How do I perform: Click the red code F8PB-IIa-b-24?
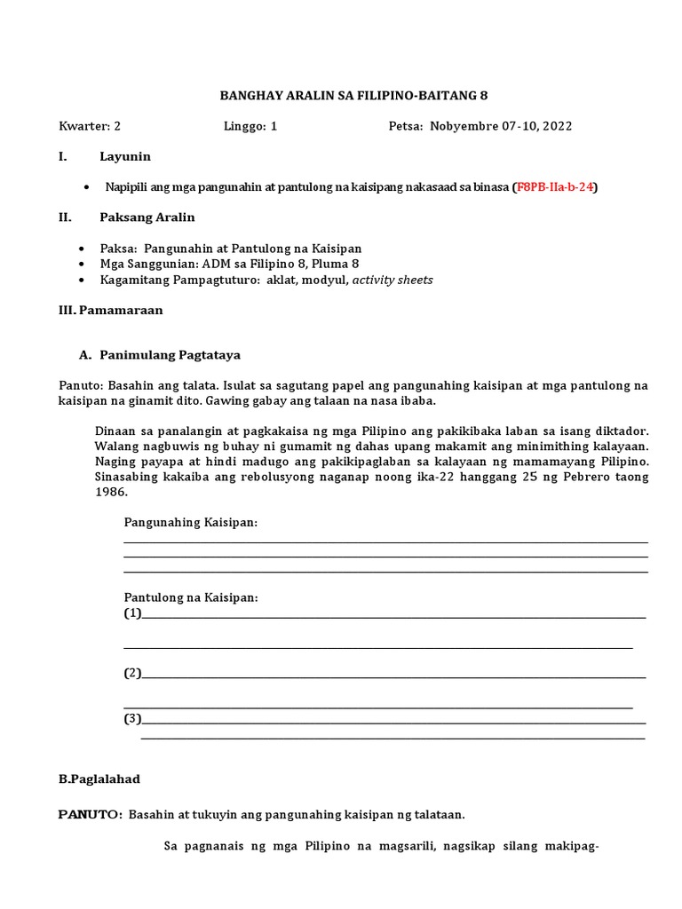pyautogui.click(x=556, y=187)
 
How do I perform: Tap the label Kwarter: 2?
pyautogui.click(x=89, y=126)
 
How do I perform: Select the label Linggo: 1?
pyautogui.click(x=250, y=126)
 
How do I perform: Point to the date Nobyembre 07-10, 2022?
pyautogui.click(x=501, y=126)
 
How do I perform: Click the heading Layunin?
pyautogui.click(x=125, y=156)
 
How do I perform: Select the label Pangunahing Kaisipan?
pyautogui.click(x=191, y=523)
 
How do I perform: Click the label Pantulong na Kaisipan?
pyautogui.click(x=191, y=597)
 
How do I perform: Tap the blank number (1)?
pyautogui.click(x=132, y=613)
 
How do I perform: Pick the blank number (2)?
pyautogui.click(x=132, y=673)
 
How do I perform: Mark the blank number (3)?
pyautogui.click(x=132, y=718)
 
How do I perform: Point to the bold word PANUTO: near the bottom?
pyautogui.click(x=90, y=814)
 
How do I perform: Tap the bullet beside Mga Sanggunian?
pyautogui.click(x=83, y=265)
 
